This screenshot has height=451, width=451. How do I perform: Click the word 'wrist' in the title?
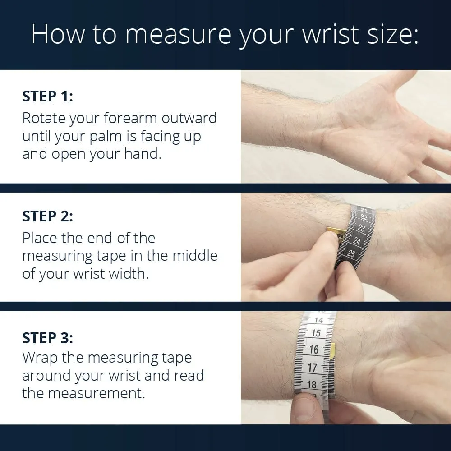click(x=331, y=34)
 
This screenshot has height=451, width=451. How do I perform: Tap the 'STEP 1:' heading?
click(x=48, y=96)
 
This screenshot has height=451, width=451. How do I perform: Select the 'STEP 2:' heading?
click(x=48, y=216)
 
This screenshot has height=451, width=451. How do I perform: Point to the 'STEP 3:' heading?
click(x=48, y=338)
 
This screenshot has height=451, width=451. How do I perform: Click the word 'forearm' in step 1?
click(x=130, y=118)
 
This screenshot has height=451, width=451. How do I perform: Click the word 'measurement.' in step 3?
click(x=97, y=393)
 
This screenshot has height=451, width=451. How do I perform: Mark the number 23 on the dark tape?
click(x=361, y=228)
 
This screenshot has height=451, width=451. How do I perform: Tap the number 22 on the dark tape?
click(x=364, y=217)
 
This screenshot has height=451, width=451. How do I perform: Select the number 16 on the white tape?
click(x=314, y=350)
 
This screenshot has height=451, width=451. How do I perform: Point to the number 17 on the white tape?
click(x=313, y=367)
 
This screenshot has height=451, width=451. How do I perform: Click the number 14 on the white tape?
click(x=319, y=320)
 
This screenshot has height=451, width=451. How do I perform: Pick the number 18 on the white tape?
click(x=312, y=384)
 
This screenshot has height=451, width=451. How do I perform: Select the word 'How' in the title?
click(x=58, y=34)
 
